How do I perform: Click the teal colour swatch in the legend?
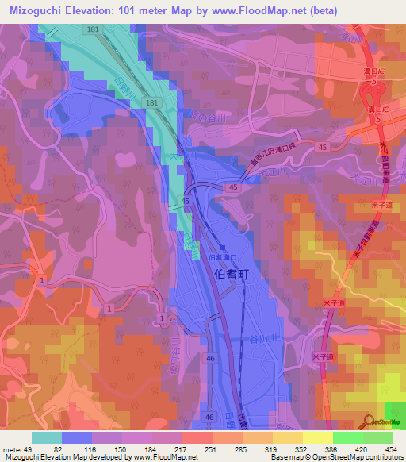(46, 437)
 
